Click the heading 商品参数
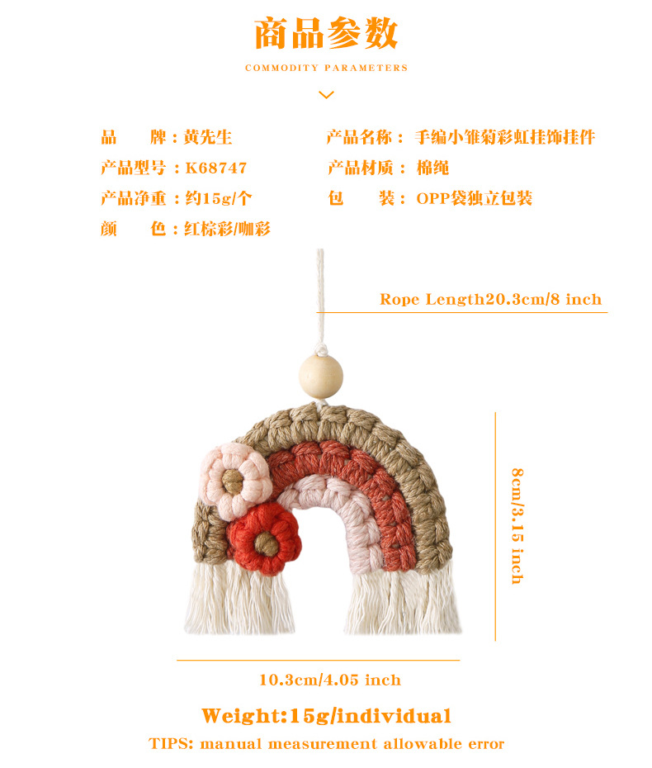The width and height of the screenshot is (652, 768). pos(326,34)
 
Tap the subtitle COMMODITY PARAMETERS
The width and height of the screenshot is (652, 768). pos(326,68)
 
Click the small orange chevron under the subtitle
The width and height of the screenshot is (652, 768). pos(326,95)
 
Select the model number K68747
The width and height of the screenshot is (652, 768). pos(216,168)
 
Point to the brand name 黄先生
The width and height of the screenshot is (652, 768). pos(207,137)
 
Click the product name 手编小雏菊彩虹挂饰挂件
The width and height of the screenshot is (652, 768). pos(504,137)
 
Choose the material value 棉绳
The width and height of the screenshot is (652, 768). pos(432,168)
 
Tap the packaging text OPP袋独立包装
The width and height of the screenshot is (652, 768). pos(474,198)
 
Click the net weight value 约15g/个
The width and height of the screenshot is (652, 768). pos(218,198)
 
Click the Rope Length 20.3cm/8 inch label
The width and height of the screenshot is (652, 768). pos(490,299)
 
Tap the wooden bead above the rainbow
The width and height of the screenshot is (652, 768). pos(320,374)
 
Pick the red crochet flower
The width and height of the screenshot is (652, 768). pos(264,540)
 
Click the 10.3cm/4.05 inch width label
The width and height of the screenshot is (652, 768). pos(329,680)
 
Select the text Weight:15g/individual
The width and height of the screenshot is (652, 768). pos(326,715)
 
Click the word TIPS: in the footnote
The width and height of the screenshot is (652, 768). pos(171,743)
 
